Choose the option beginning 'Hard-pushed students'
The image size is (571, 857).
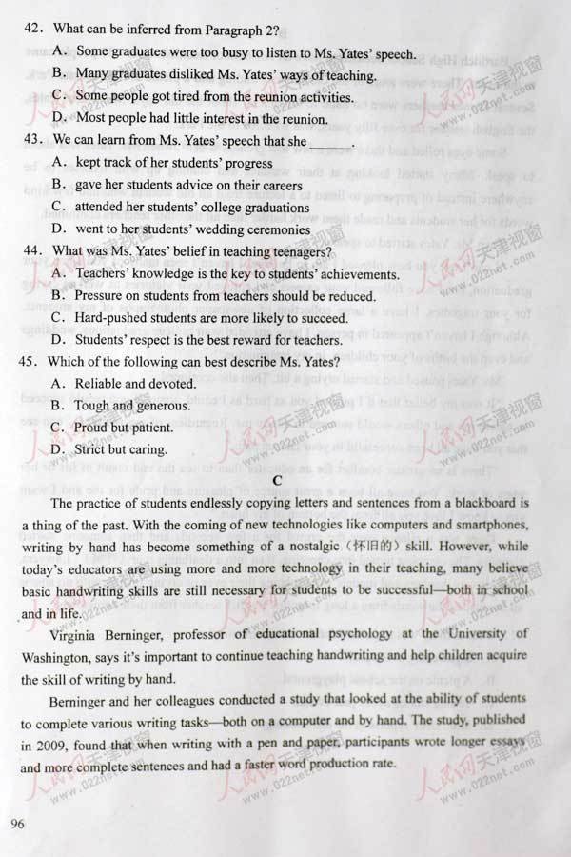click(207, 317)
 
